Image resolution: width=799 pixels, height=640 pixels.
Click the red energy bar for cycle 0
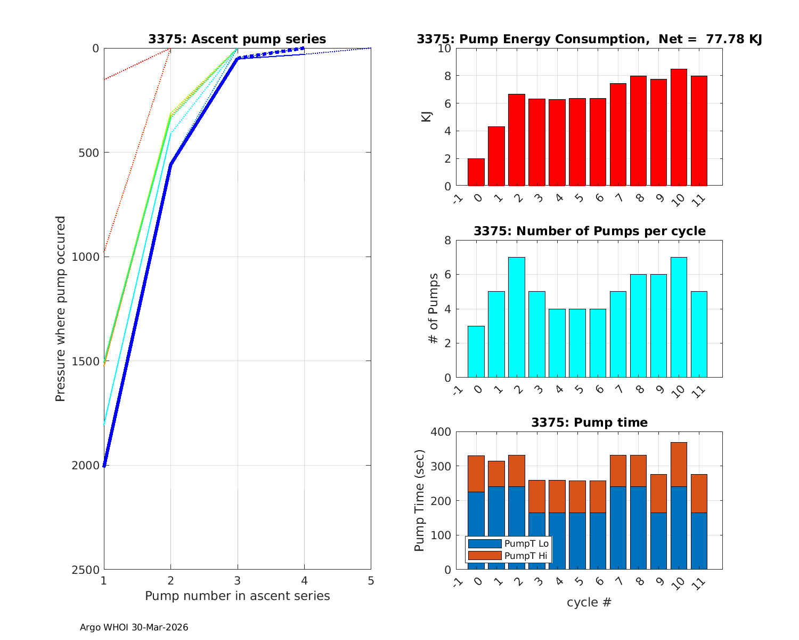click(476, 172)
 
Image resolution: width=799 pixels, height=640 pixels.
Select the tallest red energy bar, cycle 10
click(679, 127)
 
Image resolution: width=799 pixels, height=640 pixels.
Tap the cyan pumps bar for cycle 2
click(517, 317)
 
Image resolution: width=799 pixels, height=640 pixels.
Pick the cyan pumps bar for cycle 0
click(476, 352)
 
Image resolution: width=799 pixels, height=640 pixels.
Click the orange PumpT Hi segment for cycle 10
click(679, 464)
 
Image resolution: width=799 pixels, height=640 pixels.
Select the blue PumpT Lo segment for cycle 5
click(577, 541)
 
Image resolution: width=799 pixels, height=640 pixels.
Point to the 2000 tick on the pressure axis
click(86, 466)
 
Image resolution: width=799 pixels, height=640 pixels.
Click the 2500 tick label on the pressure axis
click(86, 570)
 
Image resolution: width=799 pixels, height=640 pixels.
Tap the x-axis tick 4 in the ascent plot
click(304, 581)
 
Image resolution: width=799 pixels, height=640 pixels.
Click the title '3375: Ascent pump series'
click(237, 39)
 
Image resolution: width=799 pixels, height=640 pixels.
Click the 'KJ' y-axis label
click(427, 117)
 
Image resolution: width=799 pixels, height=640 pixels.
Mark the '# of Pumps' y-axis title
click(435, 308)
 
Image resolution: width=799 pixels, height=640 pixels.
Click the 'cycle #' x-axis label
click(589, 603)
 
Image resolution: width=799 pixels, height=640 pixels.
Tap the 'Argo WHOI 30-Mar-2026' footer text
click(134, 628)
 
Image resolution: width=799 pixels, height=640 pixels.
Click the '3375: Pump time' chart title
click(589, 423)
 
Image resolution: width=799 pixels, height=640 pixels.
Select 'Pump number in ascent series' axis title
click(237, 596)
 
